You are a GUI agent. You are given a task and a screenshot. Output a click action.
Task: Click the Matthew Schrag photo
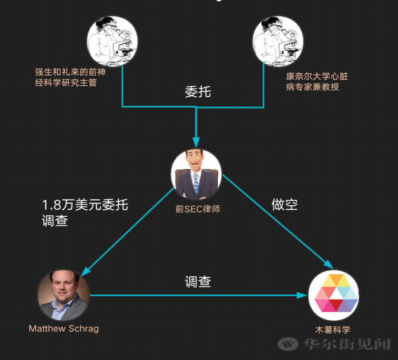tap(63, 295)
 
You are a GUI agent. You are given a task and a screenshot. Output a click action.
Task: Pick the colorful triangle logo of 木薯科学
tap(333, 295)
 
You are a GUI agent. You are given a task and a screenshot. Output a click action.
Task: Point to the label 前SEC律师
tap(197, 209)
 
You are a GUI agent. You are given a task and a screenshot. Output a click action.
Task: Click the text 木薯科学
tap(333, 330)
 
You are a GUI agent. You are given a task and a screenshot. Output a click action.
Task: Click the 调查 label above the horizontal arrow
tap(197, 282)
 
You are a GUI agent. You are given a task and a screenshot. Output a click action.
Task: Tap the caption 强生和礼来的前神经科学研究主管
tap(70, 78)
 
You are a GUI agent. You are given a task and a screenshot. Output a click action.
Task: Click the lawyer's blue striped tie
tap(196, 183)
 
